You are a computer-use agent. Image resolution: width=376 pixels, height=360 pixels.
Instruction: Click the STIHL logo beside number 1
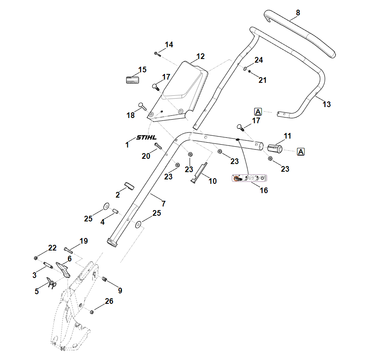[146, 137]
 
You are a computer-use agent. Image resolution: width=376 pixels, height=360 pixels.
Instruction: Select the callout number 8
[298, 13]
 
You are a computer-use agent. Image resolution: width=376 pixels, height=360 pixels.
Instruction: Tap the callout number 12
[201, 56]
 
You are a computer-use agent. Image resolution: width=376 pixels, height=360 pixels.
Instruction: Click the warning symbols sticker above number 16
[249, 178]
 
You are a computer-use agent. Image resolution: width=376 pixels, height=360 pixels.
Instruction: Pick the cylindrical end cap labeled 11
[275, 147]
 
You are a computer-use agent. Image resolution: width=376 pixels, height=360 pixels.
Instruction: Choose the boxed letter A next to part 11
[300, 152]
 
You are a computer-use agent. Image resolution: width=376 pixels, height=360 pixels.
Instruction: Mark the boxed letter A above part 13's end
[258, 112]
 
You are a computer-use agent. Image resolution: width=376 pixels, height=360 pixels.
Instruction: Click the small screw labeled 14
[157, 53]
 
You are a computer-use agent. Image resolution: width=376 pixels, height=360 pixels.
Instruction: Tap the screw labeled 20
[157, 145]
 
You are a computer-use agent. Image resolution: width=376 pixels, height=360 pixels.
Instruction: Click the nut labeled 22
[36, 258]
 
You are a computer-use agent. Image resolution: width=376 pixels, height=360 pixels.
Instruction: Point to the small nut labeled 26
[92, 312]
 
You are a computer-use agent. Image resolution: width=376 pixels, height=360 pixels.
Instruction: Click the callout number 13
[326, 104]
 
